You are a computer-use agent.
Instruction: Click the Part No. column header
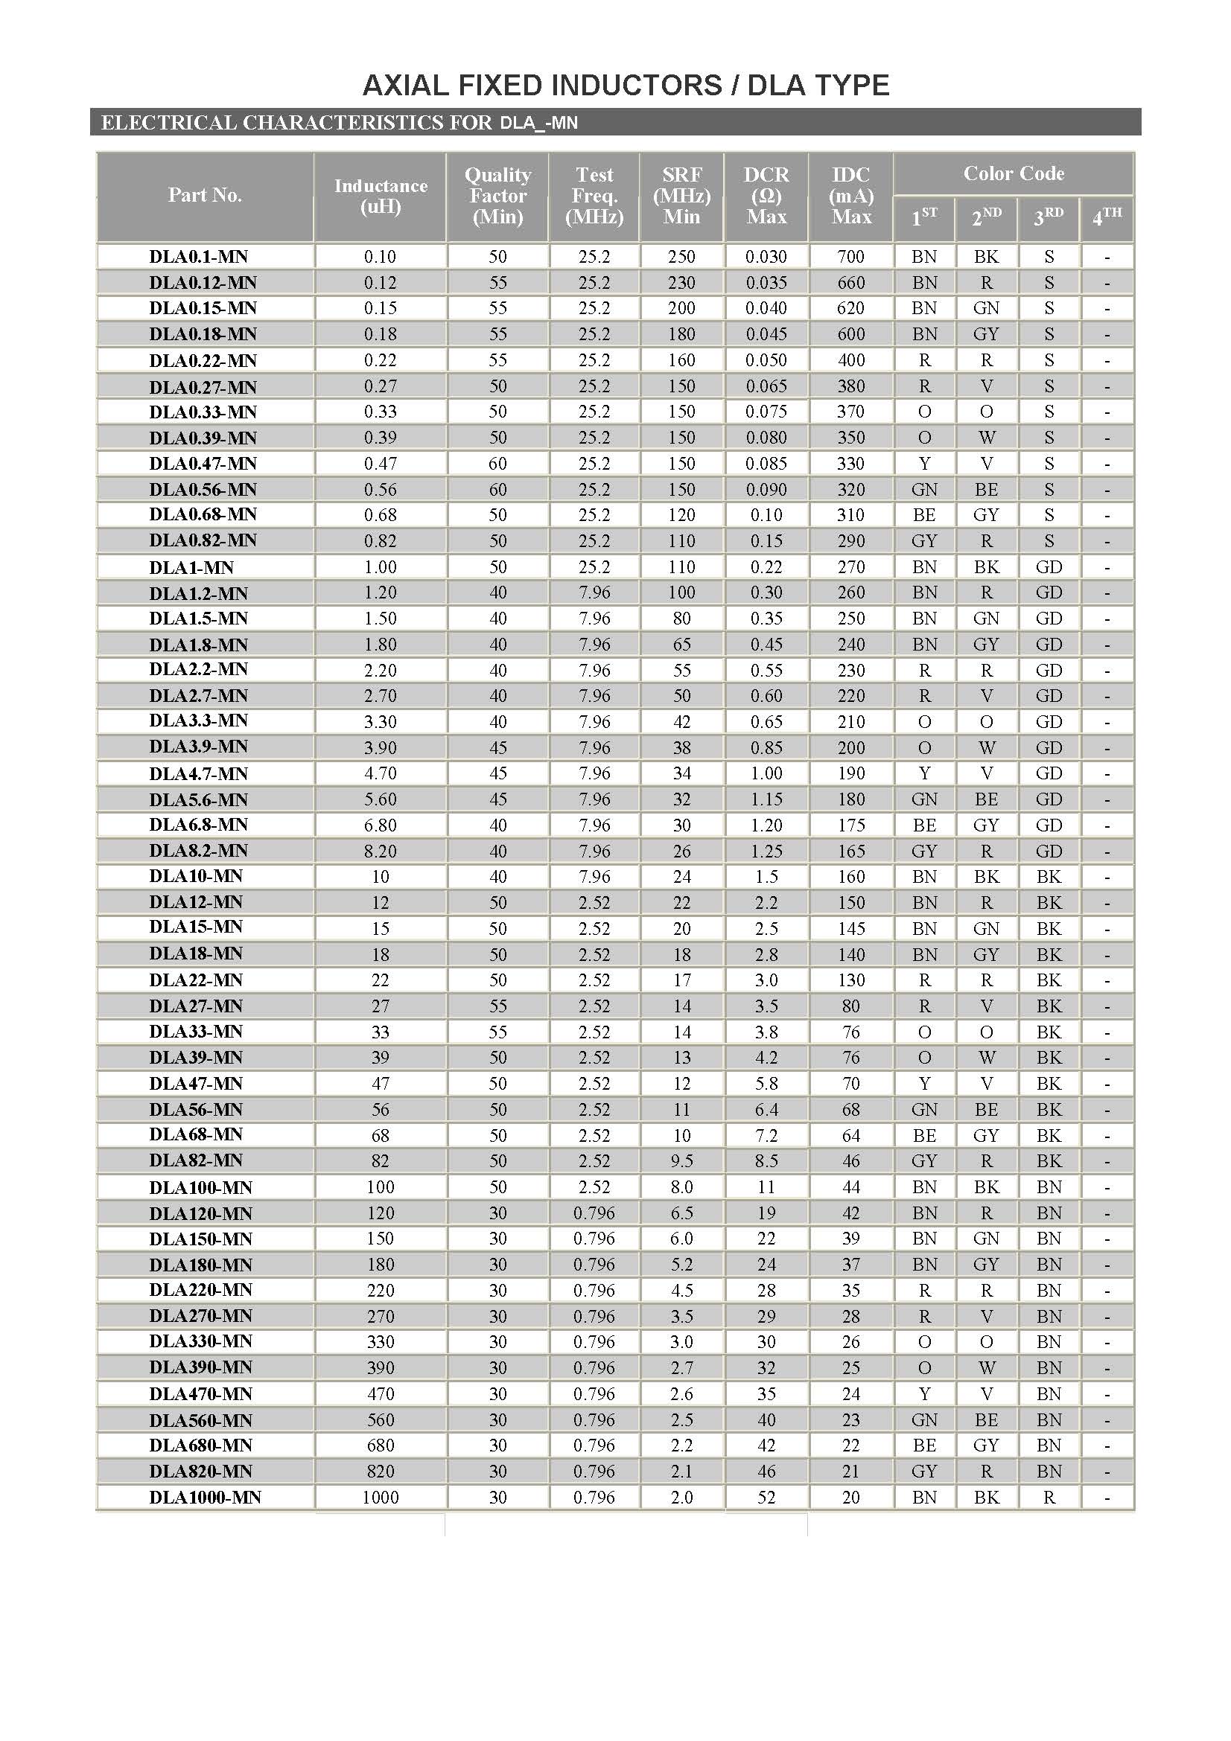pos(205,195)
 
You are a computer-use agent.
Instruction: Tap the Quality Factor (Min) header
pos(497,196)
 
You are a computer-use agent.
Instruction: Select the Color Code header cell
pos(1014,173)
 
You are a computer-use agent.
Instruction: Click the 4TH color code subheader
pos(1107,217)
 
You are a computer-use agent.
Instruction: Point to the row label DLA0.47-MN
pos(203,463)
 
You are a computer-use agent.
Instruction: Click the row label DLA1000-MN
pos(205,1497)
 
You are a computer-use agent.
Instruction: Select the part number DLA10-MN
pos(196,876)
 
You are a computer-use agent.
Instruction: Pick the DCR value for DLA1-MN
pos(766,566)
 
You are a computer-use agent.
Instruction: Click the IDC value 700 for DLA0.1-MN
pos(850,256)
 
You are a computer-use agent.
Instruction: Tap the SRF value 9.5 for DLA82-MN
pos(681,1160)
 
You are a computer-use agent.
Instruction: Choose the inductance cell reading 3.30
pos(380,721)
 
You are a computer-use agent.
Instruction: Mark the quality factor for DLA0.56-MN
pos(497,489)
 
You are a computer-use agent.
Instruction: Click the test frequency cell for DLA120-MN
pos(594,1213)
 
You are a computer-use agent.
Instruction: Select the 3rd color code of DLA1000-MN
pos(1049,1497)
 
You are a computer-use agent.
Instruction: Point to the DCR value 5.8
pos(766,1083)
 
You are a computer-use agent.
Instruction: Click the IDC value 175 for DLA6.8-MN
pos(850,824)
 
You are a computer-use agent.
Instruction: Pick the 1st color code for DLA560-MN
pos(924,1419)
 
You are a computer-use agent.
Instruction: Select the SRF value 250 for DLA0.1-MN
pos(681,256)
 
